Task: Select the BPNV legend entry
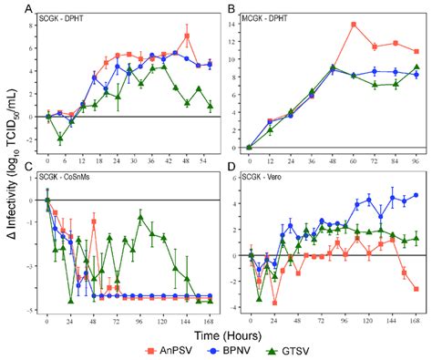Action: (x=230, y=349)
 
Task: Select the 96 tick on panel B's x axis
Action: (x=416, y=159)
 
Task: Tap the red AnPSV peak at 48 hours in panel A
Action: (x=187, y=36)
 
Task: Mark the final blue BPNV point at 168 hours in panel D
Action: (x=416, y=194)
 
